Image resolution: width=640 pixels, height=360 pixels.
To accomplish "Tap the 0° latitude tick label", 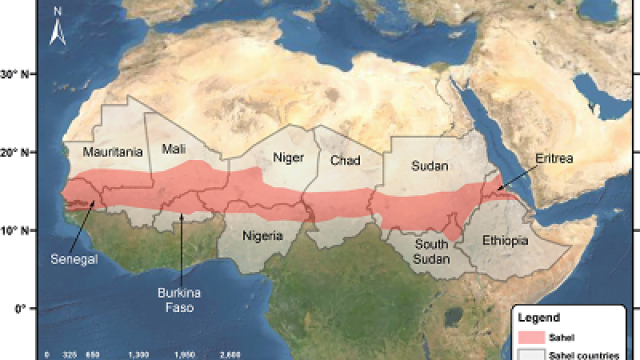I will tap(18, 309).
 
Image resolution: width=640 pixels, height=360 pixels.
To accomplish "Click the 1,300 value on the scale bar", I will tap(139, 354).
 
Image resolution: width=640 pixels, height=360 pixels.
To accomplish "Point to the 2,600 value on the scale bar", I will tap(230, 354).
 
